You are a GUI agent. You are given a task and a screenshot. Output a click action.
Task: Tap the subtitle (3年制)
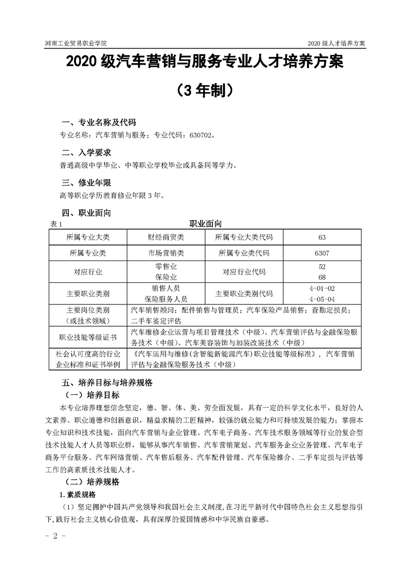click(205, 90)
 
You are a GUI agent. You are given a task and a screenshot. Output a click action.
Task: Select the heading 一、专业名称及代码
click(99, 123)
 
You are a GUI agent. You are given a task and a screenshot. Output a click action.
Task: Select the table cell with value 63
click(322, 237)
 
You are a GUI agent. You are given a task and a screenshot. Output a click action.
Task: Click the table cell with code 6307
click(322, 254)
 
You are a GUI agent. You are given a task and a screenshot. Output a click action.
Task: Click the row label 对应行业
click(88, 272)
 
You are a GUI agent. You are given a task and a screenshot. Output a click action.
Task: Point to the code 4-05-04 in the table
click(322, 299)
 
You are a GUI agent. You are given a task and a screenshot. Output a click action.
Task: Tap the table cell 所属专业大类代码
click(245, 237)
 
